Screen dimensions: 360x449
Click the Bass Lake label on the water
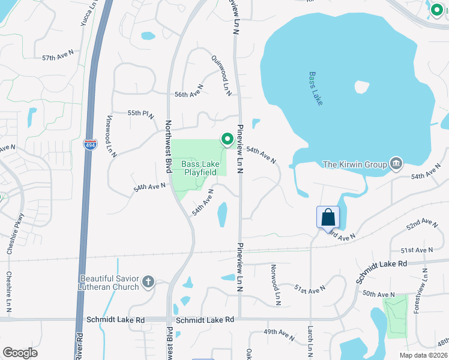click(316, 89)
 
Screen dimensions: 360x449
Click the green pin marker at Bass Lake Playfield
click(228, 139)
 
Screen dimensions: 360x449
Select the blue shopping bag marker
click(328, 217)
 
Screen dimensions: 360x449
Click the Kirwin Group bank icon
click(396, 164)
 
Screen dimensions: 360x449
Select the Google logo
click(20, 353)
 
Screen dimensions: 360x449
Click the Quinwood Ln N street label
click(221, 75)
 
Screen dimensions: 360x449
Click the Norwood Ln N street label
click(275, 284)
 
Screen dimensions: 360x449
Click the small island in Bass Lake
click(362, 87)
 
